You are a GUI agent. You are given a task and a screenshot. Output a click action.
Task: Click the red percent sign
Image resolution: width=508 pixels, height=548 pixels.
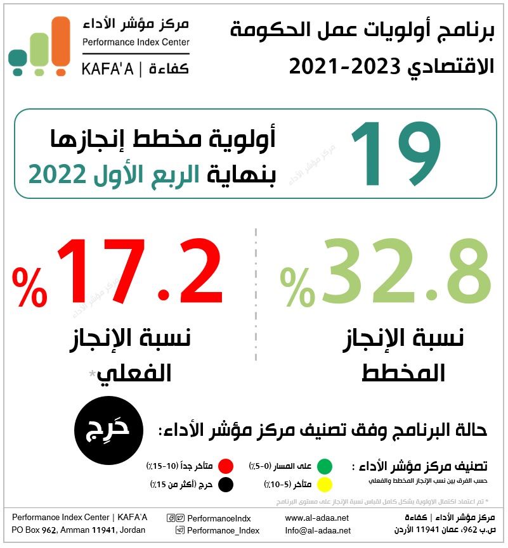(x=30, y=287)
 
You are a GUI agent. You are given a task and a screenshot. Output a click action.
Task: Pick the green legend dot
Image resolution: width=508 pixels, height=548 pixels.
(x=325, y=467)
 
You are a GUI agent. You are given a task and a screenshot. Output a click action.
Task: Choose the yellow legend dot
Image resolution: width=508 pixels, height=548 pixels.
(x=325, y=485)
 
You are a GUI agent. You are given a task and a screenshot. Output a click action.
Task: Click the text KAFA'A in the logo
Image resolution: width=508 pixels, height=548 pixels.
(x=108, y=69)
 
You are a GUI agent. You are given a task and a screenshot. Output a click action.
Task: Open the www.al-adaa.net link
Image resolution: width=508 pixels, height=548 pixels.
(x=317, y=518)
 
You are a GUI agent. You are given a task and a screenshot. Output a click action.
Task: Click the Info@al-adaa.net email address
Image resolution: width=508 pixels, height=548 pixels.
(x=318, y=530)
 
